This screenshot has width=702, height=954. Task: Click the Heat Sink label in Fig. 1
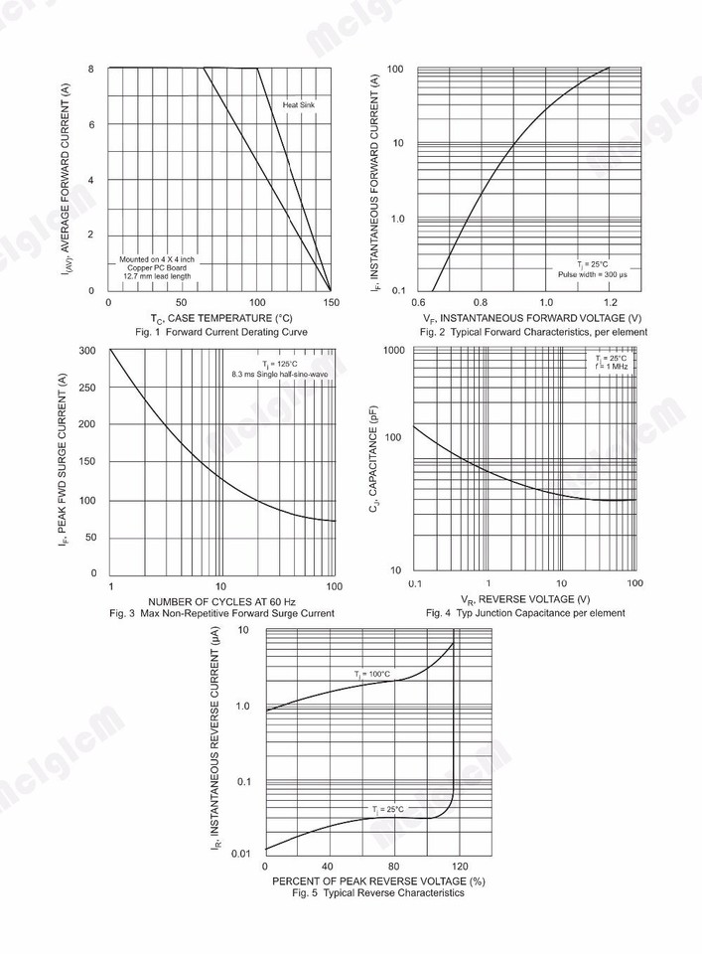299,104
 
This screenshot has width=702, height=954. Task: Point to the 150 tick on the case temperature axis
330,302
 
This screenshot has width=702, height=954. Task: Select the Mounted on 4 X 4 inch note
157,259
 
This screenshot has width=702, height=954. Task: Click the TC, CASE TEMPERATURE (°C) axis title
221,318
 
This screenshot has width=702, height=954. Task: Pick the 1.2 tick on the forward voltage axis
610,302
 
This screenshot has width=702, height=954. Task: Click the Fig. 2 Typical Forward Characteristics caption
533,332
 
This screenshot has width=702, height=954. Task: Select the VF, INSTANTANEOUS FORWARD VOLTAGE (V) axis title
532,318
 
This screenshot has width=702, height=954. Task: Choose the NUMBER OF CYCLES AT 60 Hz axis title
221,602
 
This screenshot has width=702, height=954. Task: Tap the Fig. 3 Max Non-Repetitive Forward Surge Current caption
221,614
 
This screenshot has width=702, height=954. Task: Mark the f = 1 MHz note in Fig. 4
612,368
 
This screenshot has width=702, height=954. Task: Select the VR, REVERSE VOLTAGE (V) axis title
525,599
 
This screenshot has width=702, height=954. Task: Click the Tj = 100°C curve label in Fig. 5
372,675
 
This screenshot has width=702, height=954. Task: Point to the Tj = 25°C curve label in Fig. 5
388,810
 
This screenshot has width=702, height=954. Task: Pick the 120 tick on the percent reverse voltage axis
455,866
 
